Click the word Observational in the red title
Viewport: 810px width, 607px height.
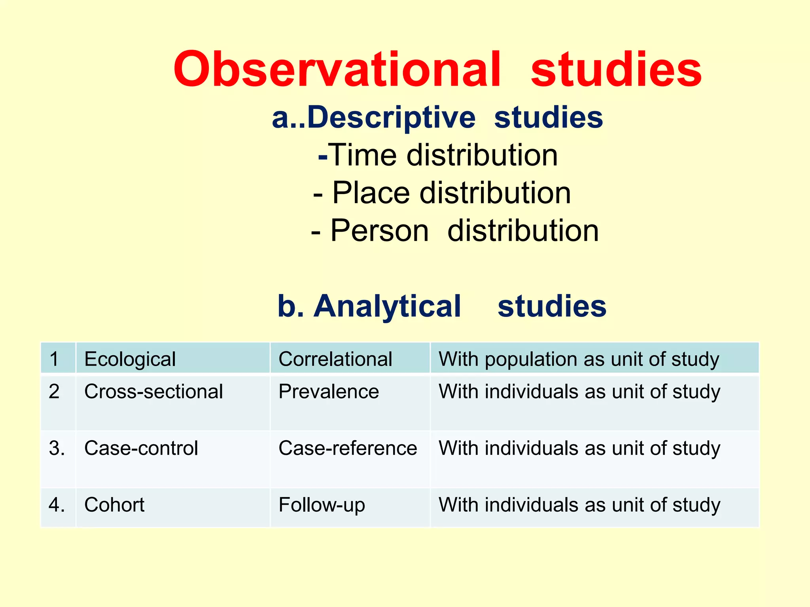click(337, 70)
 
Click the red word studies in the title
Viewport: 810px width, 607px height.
click(616, 70)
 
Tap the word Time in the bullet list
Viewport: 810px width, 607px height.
click(363, 155)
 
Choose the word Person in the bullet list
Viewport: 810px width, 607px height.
click(379, 230)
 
